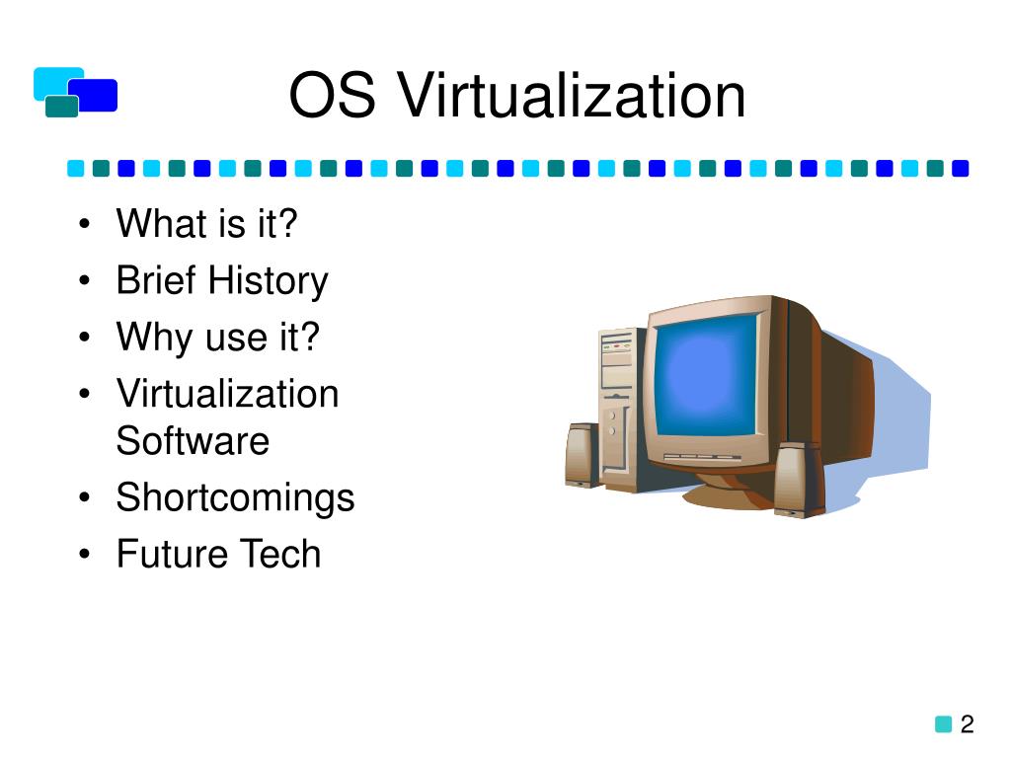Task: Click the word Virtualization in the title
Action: [572, 98]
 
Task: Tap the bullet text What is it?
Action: [206, 224]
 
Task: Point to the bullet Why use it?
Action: [218, 338]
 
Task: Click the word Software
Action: [193, 440]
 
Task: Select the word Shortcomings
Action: [235, 496]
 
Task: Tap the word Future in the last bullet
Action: [160, 553]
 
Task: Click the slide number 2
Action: [967, 724]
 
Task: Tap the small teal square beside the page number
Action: [943, 724]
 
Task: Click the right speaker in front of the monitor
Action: [798, 481]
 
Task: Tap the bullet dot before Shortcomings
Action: [86, 498]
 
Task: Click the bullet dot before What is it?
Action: [86, 226]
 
